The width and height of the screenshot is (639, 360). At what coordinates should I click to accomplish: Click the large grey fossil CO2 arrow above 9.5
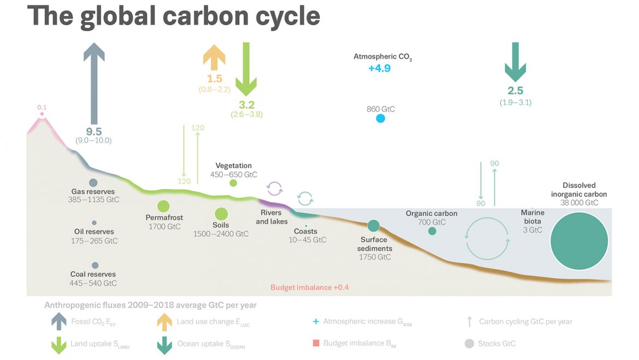(94, 83)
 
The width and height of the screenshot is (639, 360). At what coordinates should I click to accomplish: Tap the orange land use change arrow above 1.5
(214, 57)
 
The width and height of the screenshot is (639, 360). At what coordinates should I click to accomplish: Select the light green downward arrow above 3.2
(246, 69)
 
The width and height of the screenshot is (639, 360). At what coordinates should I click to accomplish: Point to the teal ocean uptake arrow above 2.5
(516, 62)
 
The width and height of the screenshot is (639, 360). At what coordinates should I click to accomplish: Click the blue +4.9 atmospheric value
(380, 68)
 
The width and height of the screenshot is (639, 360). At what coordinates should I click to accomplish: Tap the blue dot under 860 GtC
(381, 119)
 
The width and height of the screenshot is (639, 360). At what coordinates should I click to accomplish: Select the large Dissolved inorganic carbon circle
(579, 241)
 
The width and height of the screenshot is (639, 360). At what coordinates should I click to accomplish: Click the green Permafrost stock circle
(163, 206)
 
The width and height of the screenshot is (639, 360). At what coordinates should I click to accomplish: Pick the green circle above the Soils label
(221, 214)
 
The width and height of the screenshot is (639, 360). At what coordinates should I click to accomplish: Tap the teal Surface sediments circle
(374, 226)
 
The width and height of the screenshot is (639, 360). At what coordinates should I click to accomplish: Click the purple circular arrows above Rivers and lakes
(275, 189)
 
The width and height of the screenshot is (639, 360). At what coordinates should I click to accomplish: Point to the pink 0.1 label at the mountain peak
(42, 107)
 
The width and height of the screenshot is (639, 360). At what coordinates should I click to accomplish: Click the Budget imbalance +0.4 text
(310, 287)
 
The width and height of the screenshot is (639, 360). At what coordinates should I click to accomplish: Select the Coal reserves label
(93, 274)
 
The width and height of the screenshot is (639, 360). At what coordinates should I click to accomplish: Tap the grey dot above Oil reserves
(94, 223)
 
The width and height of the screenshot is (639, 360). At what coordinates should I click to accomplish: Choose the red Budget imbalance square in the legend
(316, 343)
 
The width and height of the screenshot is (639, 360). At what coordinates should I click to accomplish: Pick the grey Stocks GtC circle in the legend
(470, 344)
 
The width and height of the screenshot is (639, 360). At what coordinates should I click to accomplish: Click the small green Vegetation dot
(233, 183)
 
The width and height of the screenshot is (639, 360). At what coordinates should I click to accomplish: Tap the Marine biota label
(532, 217)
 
